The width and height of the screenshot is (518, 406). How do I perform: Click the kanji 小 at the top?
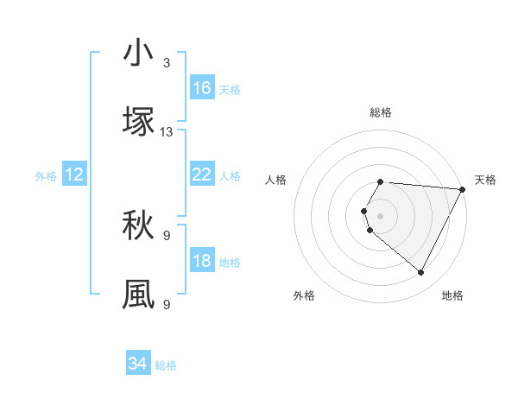click(138, 54)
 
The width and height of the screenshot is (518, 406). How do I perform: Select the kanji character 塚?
click(138, 122)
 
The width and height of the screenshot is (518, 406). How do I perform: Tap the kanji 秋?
click(138, 226)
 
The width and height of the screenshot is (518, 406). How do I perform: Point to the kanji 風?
click(138, 294)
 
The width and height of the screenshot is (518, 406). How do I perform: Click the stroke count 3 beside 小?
click(167, 63)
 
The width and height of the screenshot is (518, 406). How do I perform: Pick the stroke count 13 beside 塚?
click(167, 131)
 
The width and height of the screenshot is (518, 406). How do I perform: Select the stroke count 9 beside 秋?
click(167, 235)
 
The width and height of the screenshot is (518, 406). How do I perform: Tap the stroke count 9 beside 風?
click(167, 303)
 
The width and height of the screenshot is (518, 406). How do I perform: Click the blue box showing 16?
click(201, 88)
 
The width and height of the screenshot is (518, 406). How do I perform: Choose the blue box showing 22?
click(201, 174)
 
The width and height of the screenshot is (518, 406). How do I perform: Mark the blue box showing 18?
click(201, 261)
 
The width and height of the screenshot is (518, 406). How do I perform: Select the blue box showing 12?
click(74, 174)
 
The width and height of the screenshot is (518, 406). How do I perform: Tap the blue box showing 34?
click(138, 364)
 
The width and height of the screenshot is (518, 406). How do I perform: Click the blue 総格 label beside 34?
click(166, 365)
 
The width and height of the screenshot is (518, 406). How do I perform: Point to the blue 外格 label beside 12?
click(46, 176)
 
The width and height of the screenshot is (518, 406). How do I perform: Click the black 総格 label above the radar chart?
click(381, 112)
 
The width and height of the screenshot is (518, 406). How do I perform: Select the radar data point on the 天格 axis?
click(463, 189)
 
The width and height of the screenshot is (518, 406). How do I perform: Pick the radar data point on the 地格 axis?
click(421, 273)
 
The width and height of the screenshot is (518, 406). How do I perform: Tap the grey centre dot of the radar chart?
click(381, 214)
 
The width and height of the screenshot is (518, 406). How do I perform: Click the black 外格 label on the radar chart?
click(304, 295)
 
